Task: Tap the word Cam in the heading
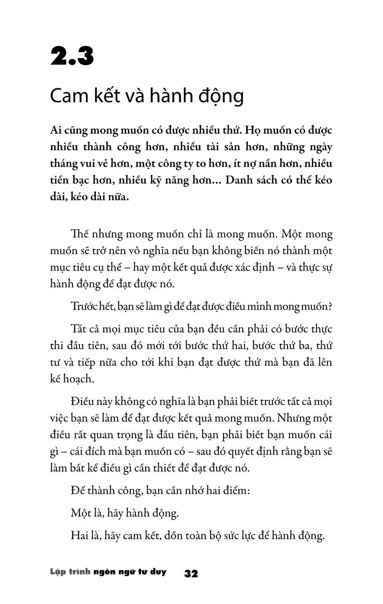(x=67, y=96)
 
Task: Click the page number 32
(x=191, y=574)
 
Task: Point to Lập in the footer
(x=56, y=572)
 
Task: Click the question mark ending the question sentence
(x=330, y=306)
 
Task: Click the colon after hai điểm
(x=249, y=491)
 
